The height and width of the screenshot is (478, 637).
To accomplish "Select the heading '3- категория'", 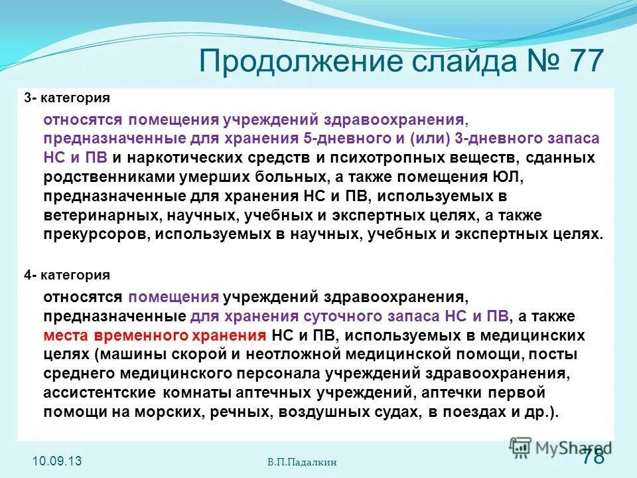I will (x=67, y=98).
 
